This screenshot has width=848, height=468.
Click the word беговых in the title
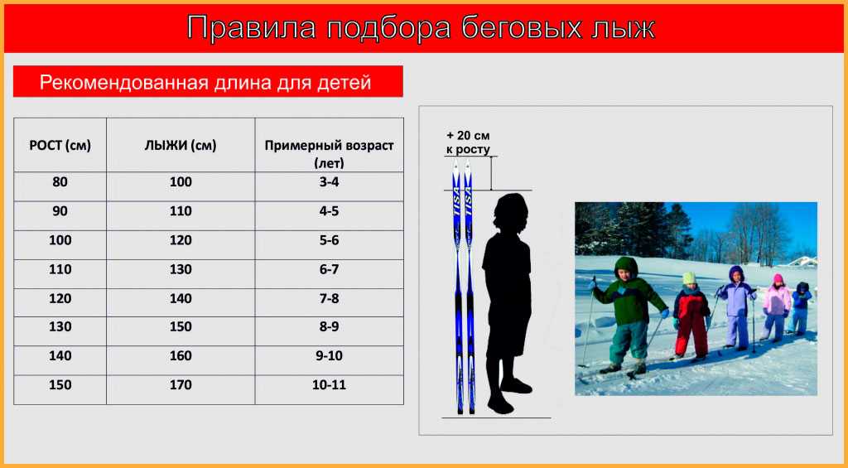(x=520, y=27)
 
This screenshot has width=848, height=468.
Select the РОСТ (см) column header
(x=60, y=146)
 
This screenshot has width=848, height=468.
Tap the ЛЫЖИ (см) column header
(x=181, y=146)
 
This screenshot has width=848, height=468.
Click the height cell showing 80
(x=60, y=182)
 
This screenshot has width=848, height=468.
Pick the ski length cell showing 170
(x=181, y=385)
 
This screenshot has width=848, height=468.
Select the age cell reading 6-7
(x=329, y=269)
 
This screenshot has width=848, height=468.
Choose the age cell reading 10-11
(x=329, y=385)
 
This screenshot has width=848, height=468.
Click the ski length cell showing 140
(x=181, y=298)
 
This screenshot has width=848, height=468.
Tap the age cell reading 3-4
(x=329, y=182)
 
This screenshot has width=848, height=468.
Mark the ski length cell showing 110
(x=181, y=211)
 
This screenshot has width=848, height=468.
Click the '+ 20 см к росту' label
(x=469, y=142)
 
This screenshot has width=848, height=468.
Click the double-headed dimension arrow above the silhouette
(x=491, y=173)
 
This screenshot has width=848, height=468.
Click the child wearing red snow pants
(x=691, y=316)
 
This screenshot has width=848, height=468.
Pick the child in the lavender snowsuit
(x=735, y=306)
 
